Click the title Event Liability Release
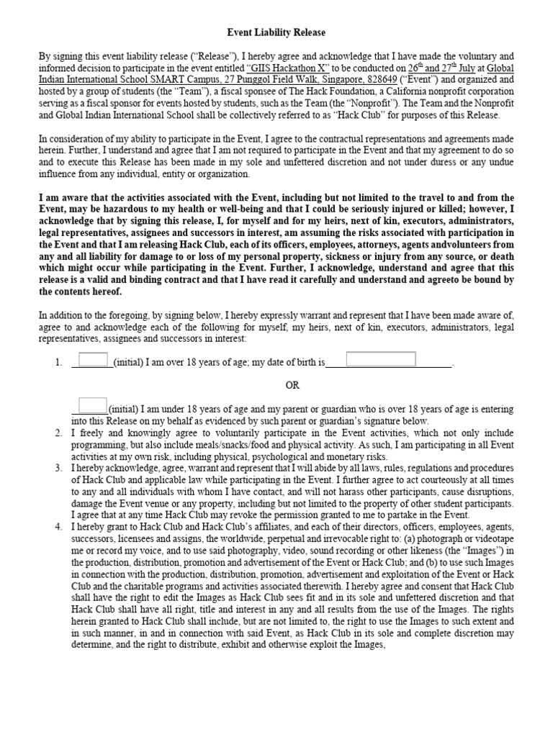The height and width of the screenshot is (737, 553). point(276,32)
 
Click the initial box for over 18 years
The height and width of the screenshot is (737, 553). point(93,360)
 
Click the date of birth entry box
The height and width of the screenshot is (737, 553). point(381,359)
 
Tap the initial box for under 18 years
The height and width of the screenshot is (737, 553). point(93,406)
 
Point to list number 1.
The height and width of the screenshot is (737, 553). point(58,363)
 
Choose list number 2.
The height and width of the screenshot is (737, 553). point(58,433)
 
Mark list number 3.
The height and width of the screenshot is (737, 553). point(58,469)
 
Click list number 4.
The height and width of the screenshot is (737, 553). point(58,528)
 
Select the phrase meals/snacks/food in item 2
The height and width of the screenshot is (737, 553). point(238,445)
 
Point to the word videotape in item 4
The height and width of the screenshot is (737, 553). point(492,551)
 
